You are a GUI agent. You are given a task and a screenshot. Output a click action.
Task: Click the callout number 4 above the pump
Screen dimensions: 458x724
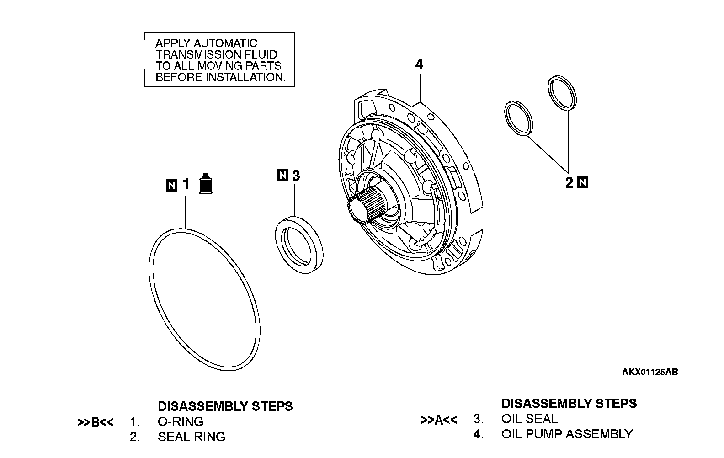tap(419, 64)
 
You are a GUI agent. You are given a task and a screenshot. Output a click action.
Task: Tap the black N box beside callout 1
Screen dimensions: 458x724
tap(171, 185)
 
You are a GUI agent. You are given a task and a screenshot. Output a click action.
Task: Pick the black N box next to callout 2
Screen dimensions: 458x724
tap(583, 182)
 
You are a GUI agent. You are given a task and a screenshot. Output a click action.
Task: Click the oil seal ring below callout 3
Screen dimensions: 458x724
tap(299, 245)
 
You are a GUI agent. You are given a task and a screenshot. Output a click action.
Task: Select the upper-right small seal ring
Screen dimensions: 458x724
tap(562, 93)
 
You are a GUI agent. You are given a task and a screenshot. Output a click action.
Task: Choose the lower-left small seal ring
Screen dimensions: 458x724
tap(519, 119)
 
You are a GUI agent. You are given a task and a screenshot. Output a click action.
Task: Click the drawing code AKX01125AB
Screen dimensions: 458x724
tap(649, 372)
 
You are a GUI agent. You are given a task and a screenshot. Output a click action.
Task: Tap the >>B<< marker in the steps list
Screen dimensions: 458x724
tap(95, 422)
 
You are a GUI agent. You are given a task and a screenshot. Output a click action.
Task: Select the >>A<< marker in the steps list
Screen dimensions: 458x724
tap(438, 420)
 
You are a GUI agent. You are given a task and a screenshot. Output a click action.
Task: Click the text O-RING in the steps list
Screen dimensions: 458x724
tap(180, 421)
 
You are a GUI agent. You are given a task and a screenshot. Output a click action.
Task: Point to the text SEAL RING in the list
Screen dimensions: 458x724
tap(191, 437)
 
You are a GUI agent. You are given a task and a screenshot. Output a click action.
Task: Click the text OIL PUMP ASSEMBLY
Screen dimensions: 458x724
tap(567, 434)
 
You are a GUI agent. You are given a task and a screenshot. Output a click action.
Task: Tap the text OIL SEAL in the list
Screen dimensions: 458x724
tap(529, 419)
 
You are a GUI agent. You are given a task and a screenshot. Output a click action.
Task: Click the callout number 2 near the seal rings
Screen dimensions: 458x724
tap(569, 183)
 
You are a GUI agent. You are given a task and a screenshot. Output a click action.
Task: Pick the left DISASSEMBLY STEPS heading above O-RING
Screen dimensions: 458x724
tap(225, 406)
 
